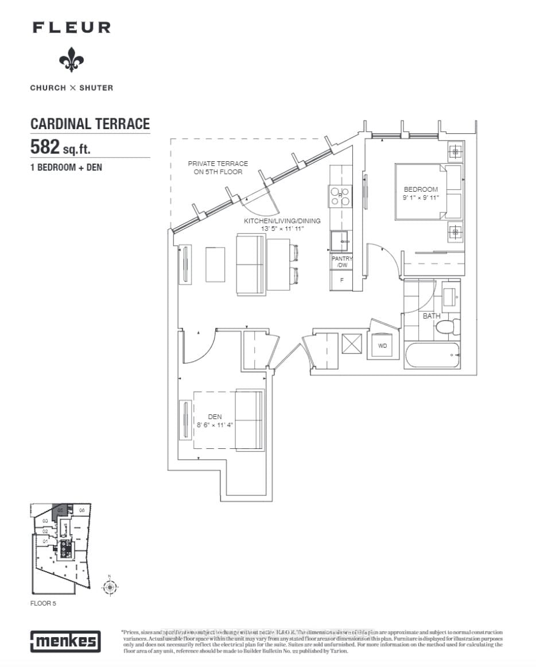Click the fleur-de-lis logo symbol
click(x=71, y=59)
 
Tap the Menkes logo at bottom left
click(x=65, y=641)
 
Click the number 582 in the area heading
click(x=45, y=147)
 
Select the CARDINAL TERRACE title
click(x=90, y=123)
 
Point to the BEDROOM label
click(x=421, y=189)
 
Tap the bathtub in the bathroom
click(x=432, y=356)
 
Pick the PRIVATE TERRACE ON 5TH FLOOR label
click(x=218, y=168)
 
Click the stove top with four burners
click(x=339, y=197)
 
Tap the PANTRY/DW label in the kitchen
click(x=342, y=262)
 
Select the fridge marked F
click(x=342, y=280)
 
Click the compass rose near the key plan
click(x=109, y=586)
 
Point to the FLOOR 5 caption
click(x=44, y=604)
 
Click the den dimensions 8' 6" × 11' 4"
click(x=215, y=426)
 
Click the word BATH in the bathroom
click(x=432, y=316)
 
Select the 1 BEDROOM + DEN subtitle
click(x=66, y=169)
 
